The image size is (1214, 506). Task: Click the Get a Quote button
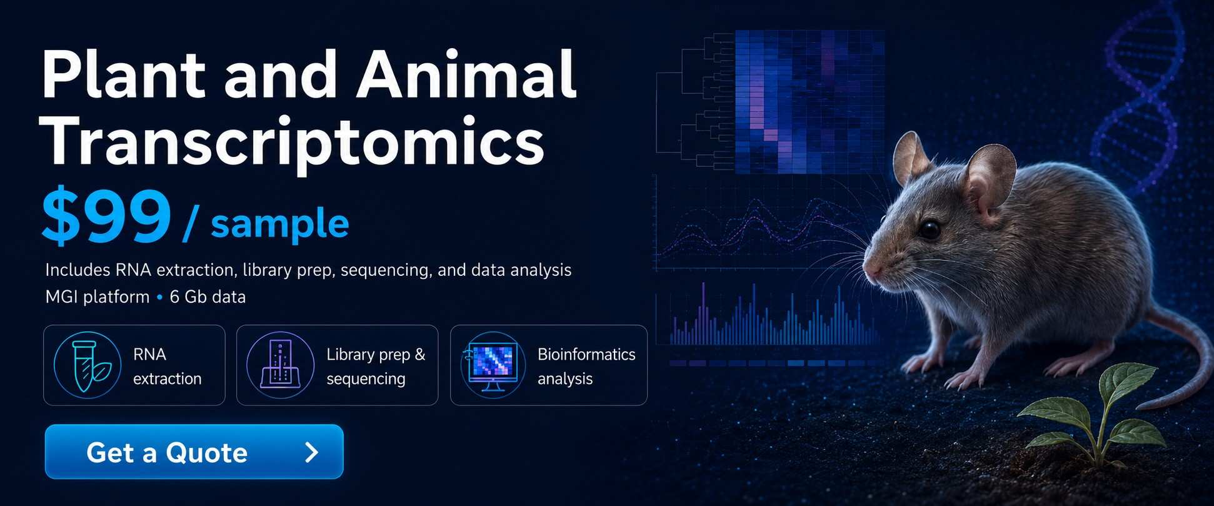[x=194, y=452]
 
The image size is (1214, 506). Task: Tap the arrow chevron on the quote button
[x=311, y=452]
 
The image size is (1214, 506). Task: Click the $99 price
[x=106, y=216]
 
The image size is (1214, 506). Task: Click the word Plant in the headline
[x=123, y=75]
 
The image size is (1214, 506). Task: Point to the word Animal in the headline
[x=466, y=75]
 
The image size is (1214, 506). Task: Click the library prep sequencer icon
[x=280, y=365]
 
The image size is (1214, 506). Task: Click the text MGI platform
[x=98, y=296]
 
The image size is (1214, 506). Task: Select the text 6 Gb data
[x=208, y=296]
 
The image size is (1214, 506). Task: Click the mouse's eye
[x=930, y=230]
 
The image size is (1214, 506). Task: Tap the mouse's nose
[x=871, y=270]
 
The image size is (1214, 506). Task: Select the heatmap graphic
[x=810, y=101]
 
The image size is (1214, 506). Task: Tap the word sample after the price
[x=279, y=224]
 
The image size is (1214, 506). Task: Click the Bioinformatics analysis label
[x=586, y=366]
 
